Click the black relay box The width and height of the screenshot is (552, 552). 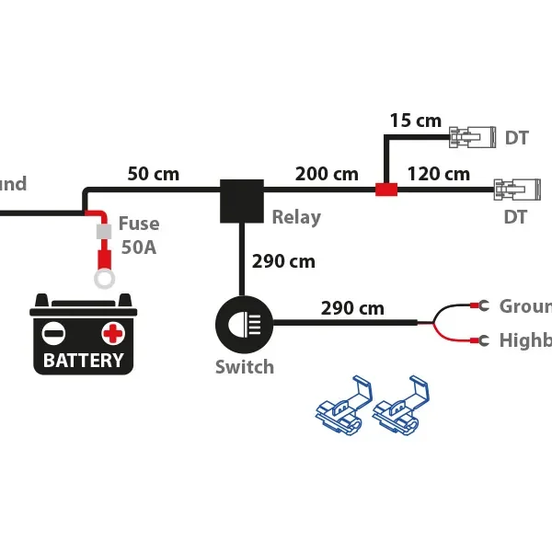pyautogui.click(x=241, y=201)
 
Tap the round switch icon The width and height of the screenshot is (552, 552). pyautogui.click(x=242, y=323)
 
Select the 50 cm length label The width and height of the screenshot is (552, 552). pyautogui.click(x=153, y=174)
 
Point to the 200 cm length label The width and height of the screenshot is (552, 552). pyautogui.click(x=327, y=174)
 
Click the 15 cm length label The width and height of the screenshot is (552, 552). pyautogui.click(x=415, y=121)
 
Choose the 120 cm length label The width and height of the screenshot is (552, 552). pyautogui.click(x=438, y=174)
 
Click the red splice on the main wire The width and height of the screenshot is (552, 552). pyautogui.click(x=385, y=190)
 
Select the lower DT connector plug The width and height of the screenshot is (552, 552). pyautogui.click(x=512, y=190)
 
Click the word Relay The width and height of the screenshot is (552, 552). pyautogui.click(x=296, y=218)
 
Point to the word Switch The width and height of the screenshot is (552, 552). pyautogui.click(x=245, y=367)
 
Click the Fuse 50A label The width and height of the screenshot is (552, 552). pyautogui.click(x=139, y=235)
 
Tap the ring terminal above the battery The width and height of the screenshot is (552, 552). pyautogui.click(x=104, y=275)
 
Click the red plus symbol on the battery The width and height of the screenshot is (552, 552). pyautogui.click(x=112, y=332)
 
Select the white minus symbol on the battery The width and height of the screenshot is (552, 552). pyautogui.click(x=55, y=332)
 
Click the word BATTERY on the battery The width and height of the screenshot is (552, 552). pyautogui.click(x=83, y=360)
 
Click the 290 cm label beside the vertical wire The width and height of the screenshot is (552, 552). pyautogui.click(x=283, y=262)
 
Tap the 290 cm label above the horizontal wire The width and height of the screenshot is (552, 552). pyautogui.click(x=352, y=308)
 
